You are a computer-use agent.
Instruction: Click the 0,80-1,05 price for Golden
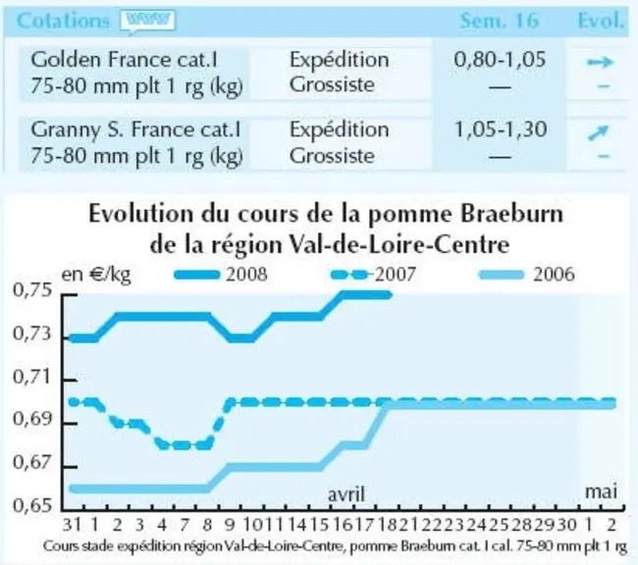[x=500, y=60]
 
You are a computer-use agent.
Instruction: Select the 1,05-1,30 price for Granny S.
[x=500, y=129]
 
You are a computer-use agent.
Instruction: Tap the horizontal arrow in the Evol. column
[x=600, y=62]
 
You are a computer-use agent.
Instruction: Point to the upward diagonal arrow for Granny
[x=599, y=133]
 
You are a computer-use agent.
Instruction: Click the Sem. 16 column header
[x=500, y=21]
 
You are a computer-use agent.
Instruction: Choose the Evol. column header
[x=601, y=21]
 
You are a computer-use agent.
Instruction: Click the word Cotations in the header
[x=63, y=21]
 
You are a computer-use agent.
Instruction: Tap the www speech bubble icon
[x=147, y=22]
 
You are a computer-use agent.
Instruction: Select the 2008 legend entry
[x=221, y=275]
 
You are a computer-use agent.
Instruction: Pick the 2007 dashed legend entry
[x=374, y=275]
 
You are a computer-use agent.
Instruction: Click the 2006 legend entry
[x=527, y=275]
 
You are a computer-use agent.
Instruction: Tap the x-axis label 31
[x=72, y=525]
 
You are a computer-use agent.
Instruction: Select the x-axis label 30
[x=566, y=525]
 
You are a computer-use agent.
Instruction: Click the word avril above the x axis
[x=346, y=494]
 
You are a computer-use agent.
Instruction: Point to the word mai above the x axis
[x=601, y=491]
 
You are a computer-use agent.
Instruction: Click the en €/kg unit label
[x=96, y=275]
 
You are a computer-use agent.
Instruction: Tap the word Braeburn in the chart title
[x=511, y=214]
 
